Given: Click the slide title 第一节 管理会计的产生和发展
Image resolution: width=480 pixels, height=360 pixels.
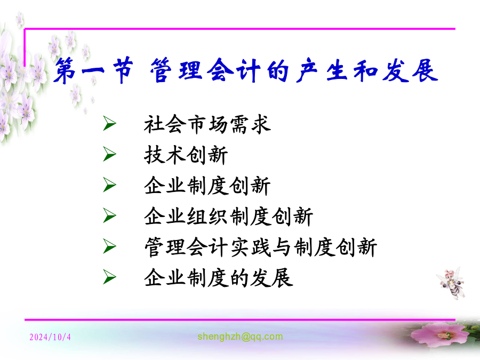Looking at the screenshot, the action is tap(246, 70).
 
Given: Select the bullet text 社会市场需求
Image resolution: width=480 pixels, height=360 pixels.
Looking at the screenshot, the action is tap(207, 124).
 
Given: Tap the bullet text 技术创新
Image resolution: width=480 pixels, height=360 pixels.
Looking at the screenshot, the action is tap(186, 155).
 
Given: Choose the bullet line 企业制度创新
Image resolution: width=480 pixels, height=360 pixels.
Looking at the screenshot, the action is tap(207, 186).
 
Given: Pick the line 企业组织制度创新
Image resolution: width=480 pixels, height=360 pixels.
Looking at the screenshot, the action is tap(228, 217).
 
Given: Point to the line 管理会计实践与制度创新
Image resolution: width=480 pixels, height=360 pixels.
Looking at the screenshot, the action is tap(260, 247).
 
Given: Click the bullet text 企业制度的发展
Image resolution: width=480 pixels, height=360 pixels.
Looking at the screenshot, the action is tap(218, 278).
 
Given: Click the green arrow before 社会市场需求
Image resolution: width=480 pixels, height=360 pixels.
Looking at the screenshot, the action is tap(109, 123).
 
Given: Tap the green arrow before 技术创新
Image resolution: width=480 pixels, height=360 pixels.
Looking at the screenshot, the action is tap(109, 154).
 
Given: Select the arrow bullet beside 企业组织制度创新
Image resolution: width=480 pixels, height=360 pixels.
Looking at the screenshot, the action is tap(109, 215).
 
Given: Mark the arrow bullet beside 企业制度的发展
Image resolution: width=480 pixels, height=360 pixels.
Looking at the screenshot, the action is tap(109, 277).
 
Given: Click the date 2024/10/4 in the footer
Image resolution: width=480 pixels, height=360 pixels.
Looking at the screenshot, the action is tap(50, 337).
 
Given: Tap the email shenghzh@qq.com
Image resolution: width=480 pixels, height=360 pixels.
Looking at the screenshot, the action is tap(240, 337).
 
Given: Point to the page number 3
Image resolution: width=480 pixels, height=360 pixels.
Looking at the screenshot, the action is tap(448, 337).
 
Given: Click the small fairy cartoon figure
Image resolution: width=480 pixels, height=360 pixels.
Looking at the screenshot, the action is tap(451, 283).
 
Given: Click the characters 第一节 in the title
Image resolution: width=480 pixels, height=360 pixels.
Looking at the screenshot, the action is tap(93, 70).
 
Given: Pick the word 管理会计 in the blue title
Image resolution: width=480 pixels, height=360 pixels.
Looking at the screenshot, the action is tap(205, 70).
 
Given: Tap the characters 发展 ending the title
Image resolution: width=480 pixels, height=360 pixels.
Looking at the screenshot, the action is tap(410, 70).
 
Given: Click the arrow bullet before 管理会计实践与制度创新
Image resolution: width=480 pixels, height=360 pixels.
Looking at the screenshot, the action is tap(109, 246).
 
